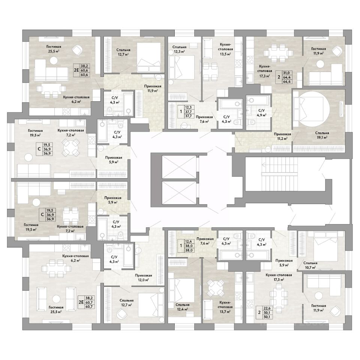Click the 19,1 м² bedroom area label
[x=321, y=137]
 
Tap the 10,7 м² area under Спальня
[x=310, y=267]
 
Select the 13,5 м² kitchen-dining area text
[x=225, y=54]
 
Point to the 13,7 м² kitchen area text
[x=225, y=311]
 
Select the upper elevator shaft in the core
[x=179, y=166]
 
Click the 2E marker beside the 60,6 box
[x=76, y=70]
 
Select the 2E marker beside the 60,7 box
[x=81, y=302]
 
